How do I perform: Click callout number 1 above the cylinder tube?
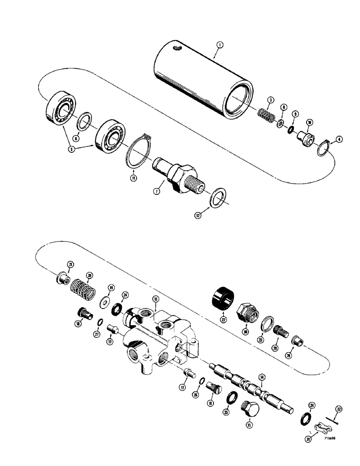221,45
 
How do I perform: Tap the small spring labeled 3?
265,114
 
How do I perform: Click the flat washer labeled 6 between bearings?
84,123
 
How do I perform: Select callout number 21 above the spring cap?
70,266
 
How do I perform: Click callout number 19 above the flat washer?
111,288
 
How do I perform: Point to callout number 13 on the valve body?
156,299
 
